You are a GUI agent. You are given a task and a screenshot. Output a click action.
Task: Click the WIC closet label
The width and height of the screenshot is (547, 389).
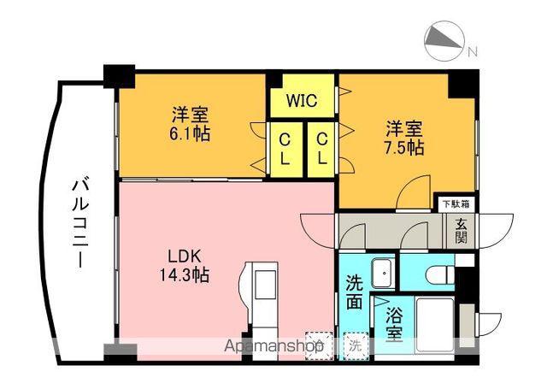[x=302, y=101]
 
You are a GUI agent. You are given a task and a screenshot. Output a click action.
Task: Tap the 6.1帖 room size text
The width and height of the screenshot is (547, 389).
[x=190, y=133]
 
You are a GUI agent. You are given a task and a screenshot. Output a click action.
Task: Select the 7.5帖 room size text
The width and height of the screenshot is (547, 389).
[x=404, y=148]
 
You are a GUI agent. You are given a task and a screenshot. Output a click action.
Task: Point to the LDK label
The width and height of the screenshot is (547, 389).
[x=185, y=257]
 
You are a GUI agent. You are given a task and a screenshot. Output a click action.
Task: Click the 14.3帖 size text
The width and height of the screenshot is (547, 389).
[x=185, y=274]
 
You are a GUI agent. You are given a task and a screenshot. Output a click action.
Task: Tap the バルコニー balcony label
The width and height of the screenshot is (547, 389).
[x=79, y=224]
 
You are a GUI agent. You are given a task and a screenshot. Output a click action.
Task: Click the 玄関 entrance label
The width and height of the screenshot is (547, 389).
[x=461, y=231]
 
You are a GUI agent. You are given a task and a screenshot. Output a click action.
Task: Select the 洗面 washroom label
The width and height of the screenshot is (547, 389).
[x=355, y=292]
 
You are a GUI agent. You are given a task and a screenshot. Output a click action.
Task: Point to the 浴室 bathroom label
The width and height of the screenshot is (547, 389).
[x=395, y=325]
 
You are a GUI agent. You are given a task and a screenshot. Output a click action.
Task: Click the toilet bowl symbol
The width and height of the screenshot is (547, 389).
[x=440, y=274]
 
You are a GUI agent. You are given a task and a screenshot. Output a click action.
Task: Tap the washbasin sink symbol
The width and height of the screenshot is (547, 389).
[x=383, y=274]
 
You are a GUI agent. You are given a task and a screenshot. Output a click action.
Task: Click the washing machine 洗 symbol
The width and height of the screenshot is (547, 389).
[x=356, y=345]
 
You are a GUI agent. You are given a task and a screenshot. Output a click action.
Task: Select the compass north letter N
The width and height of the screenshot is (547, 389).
[x=472, y=52]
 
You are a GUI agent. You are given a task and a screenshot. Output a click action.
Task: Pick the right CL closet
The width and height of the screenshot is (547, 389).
[x=321, y=149]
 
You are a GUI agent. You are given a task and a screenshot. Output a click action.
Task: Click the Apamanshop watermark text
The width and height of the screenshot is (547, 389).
[x=273, y=346]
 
